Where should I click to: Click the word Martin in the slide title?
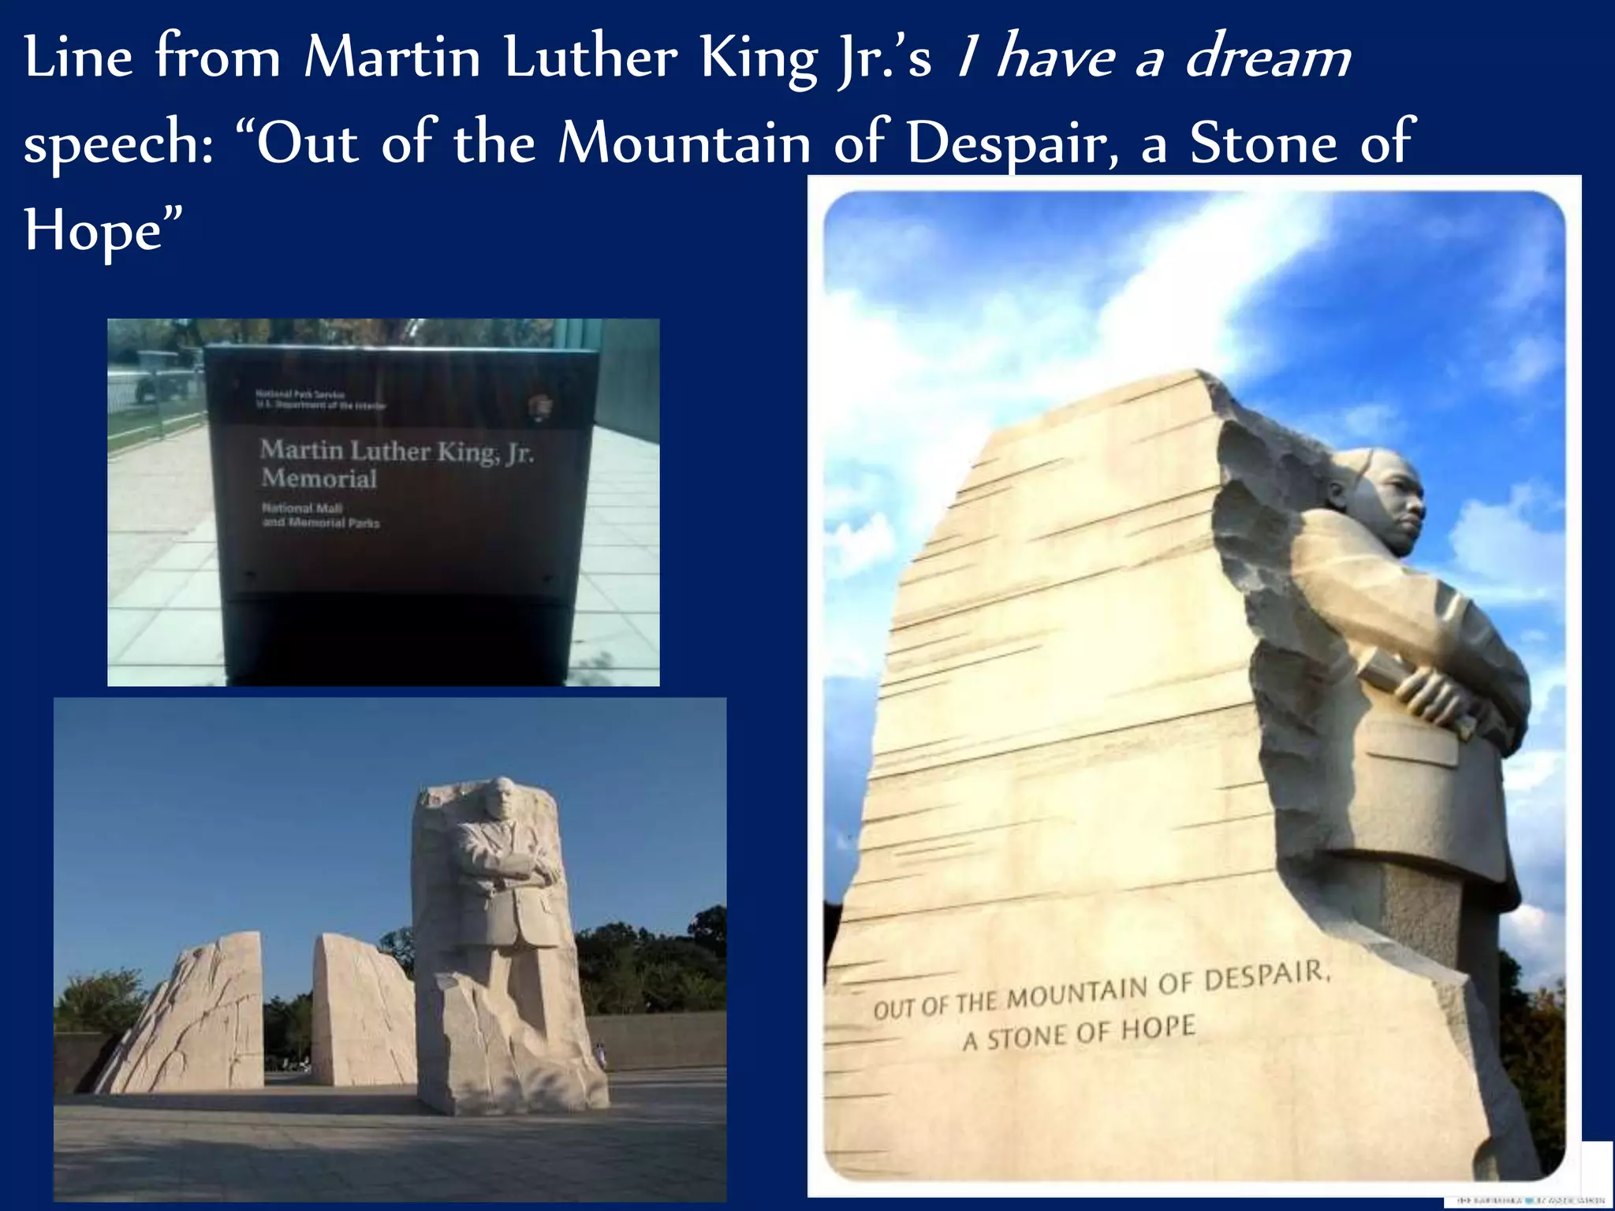click(392, 58)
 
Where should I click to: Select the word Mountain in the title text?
click(684, 143)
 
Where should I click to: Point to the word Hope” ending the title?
click(103, 231)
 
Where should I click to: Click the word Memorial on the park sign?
click(319, 479)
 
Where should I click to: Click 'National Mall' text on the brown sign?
click(302, 509)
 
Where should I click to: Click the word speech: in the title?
click(118, 143)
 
